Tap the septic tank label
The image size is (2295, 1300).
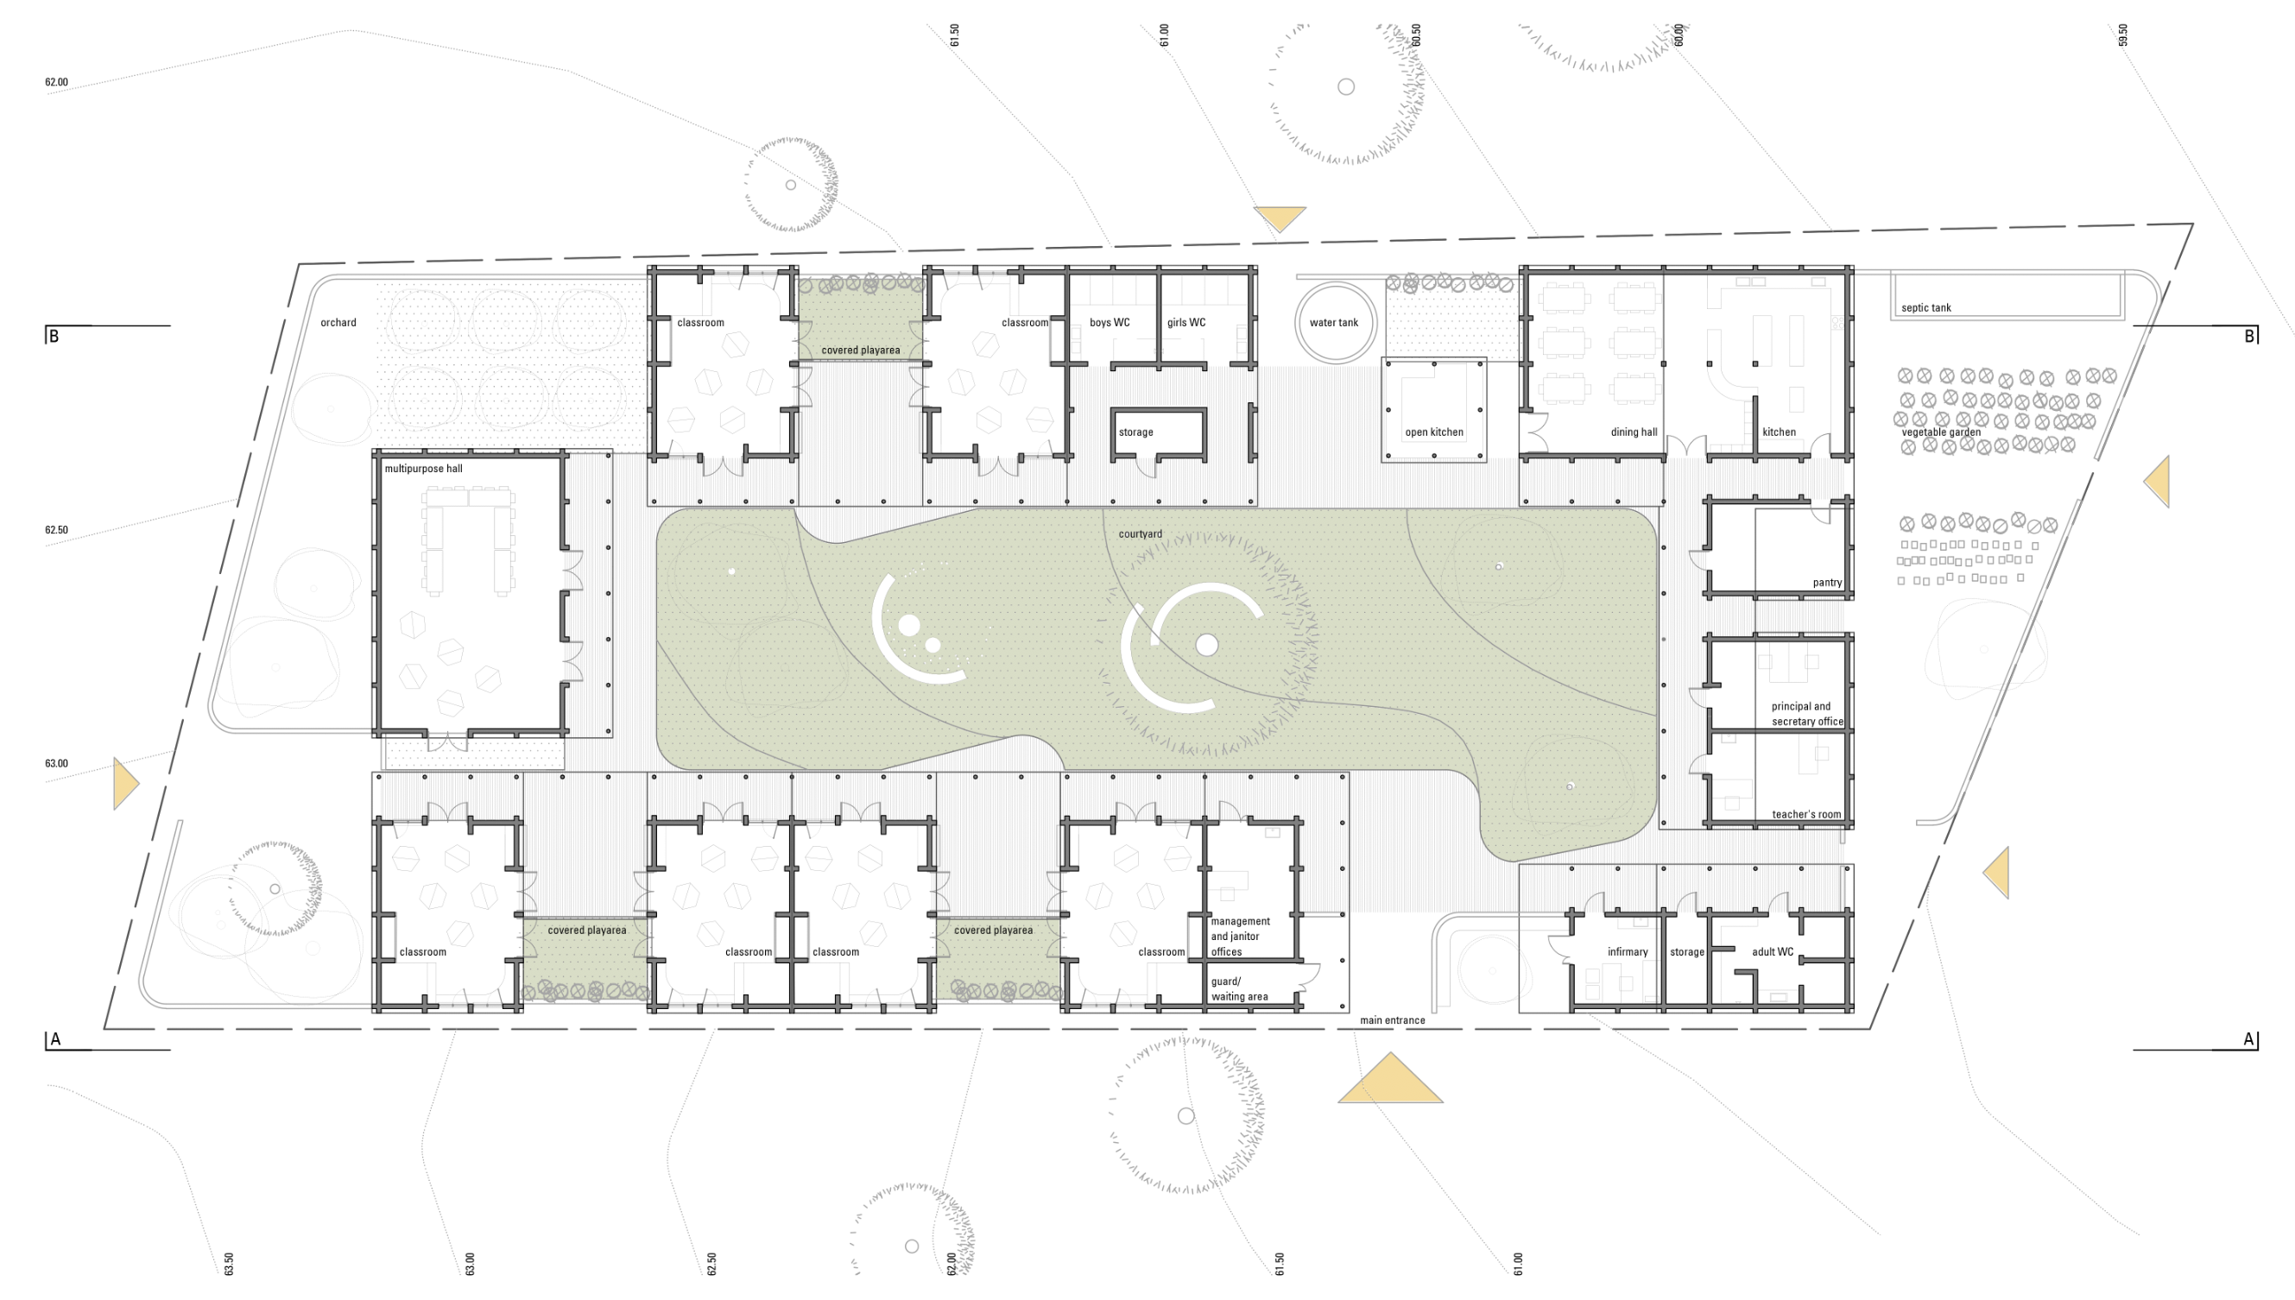[x=1925, y=308]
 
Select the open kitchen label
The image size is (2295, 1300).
[x=1434, y=432]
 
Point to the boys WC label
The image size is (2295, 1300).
[x=1110, y=322]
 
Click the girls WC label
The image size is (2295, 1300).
[x=1185, y=322]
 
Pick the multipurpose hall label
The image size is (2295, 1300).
[x=423, y=469]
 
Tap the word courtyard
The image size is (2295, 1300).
[x=1141, y=534]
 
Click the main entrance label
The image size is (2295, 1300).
[x=1392, y=1020]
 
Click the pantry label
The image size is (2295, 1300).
[x=1827, y=583]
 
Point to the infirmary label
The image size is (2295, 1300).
[x=1627, y=952]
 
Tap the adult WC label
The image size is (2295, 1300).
[x=1772, y=952]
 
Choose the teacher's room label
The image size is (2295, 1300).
[x=1805, y=814]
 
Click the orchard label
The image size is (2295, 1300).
[x=338, y=322]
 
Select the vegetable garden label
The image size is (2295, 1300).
[x=1940, y=432]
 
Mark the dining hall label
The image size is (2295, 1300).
[x=1634, y=432]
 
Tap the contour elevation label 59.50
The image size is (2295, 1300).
[x=2122, y=35]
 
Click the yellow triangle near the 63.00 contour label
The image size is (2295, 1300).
[x=125, y=784]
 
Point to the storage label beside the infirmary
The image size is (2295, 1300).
[x=1687, y=952]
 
